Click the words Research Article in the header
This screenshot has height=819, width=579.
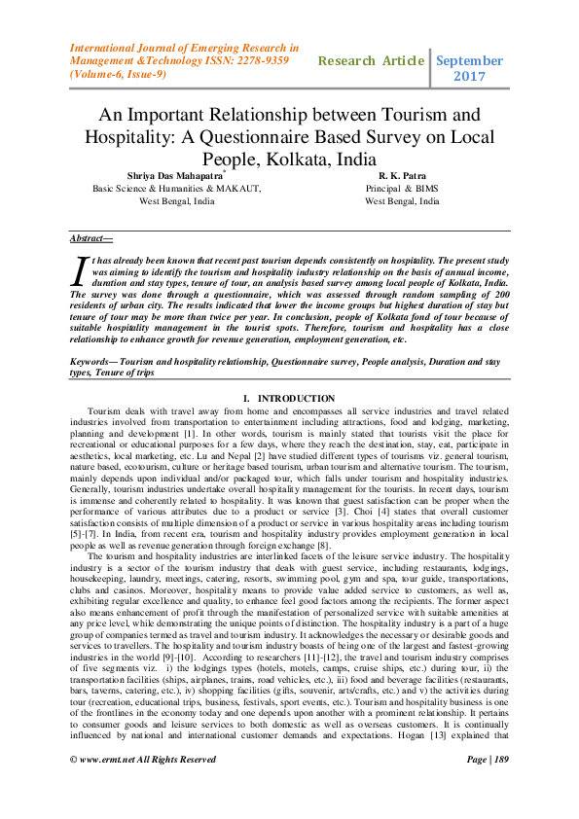pyautogui.click(x=372, y=60)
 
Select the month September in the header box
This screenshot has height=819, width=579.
pyautogui.click(x=470, y=59)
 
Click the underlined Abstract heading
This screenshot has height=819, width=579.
pyautogui.click(x=91, y=237)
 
